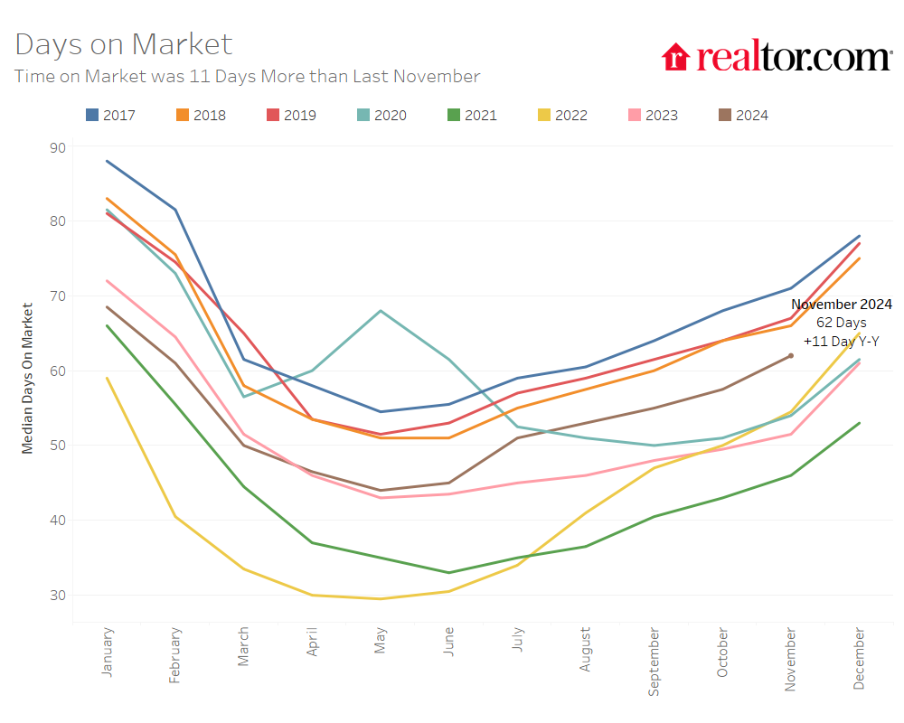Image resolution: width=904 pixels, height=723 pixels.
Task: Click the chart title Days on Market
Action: pos(124,44)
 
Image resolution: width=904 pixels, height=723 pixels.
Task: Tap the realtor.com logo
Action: pos(777,57)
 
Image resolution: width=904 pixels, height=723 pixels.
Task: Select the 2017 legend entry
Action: pos(109,115)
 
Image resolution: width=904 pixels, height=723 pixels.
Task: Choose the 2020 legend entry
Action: pos(381,115)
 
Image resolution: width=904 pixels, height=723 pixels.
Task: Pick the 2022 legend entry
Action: pos(561,115)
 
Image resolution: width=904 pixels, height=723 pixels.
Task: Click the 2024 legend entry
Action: pos(742,115)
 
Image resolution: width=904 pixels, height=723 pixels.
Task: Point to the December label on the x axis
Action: pos(859,659)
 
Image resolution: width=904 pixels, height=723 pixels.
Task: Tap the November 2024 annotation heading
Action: pos(842,305)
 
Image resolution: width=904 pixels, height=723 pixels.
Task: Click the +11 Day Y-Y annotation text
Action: pos(842,342)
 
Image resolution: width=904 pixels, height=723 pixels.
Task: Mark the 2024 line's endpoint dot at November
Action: pos(791,355)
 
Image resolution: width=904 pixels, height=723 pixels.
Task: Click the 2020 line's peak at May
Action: pos(381,311)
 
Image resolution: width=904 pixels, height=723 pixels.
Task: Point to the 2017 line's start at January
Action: pos(108,161)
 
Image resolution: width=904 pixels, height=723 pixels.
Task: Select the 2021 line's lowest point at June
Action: pos(449,572)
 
